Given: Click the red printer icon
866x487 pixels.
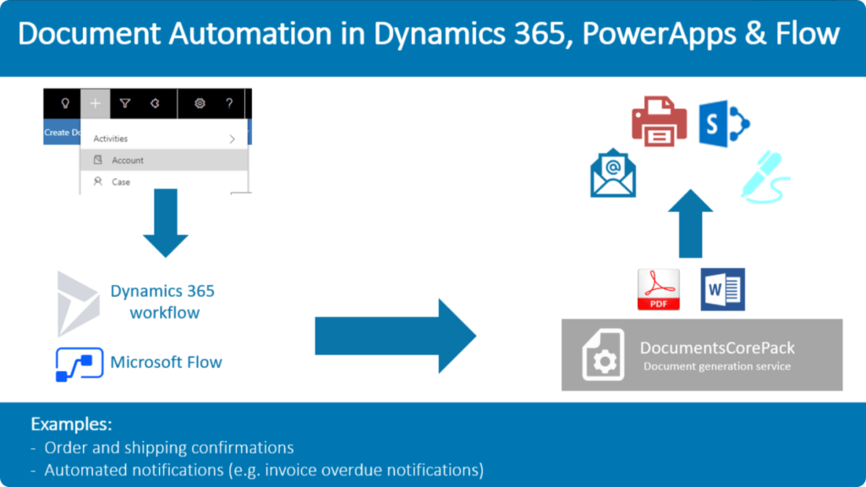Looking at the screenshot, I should coord(660,122).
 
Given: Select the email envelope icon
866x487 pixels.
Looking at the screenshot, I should coord(613,172).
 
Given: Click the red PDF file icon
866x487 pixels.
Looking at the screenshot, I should coord(659,289).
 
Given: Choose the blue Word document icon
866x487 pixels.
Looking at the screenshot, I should coord(722,289).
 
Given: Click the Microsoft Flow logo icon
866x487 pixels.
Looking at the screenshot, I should coord(79,364).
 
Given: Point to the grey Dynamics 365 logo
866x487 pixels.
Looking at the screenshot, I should coord(79,303).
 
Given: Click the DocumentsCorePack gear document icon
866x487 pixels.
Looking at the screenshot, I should coord(604,355).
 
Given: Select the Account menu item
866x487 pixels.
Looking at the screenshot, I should coord(128,160).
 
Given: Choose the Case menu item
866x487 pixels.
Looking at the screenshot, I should coord(121,182).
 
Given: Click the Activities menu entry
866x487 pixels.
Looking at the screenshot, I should coord(111,139).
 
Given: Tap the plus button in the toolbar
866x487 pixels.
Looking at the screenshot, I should coord(96,103).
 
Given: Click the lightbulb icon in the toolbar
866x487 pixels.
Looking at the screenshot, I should coord(63,103).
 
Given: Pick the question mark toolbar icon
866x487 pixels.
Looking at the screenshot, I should coord(229,103).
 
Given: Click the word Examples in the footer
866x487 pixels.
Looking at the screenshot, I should coord(72,424).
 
